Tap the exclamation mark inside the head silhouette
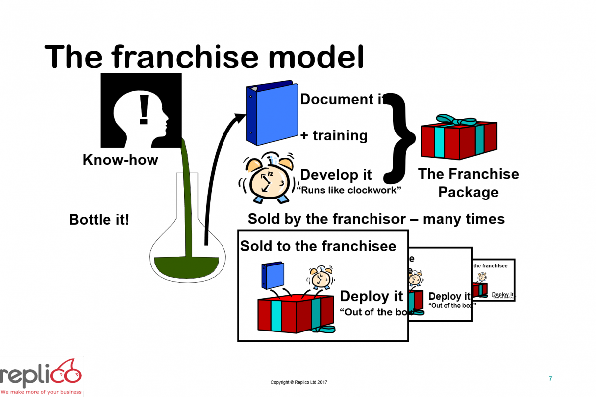(144, 110)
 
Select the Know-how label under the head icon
(121, 160)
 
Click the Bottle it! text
(99, 219)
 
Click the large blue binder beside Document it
(271, 113)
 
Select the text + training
(334, 135)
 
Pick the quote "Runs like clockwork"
(349, 190)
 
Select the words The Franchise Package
(468, 183)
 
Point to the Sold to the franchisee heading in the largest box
(318, 246)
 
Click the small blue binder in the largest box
(273, 275)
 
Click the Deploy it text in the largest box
(371, 296)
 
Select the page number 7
(550, 379)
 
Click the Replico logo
(41, 377)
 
